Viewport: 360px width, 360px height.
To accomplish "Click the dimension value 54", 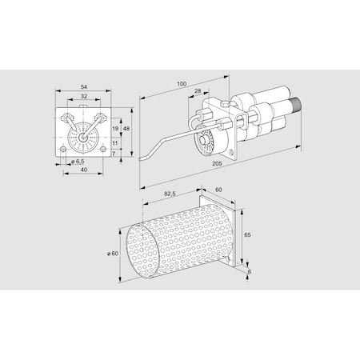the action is pos(84,86).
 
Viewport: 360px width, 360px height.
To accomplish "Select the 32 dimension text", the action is pos(84,96).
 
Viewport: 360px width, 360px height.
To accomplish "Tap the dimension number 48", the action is pos(126,129).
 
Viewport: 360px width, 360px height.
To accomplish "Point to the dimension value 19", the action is pos(115,129).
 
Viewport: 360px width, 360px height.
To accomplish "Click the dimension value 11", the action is pos(114,143).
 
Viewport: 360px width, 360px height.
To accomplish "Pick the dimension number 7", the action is pos(114,154).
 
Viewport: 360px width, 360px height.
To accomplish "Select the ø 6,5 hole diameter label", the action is pos(78,162).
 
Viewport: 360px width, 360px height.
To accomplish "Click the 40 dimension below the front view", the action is pos(84,170).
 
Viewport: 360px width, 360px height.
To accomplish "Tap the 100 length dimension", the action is pos(182,84).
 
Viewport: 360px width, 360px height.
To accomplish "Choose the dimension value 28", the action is pos(198,91).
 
